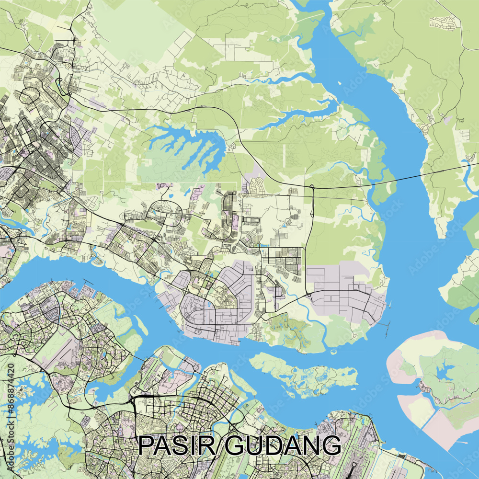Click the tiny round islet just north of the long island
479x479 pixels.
tap(333, 352)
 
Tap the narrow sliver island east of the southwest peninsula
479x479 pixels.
tap(141, 325)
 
